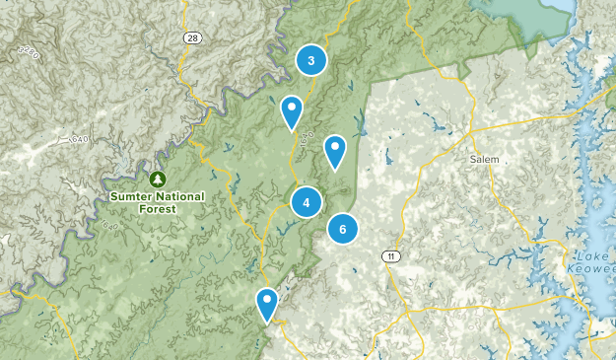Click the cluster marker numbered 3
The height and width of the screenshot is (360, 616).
pos(311,61)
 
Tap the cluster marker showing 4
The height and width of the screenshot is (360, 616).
pos(308,203)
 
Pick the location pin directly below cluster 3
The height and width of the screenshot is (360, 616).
pos(292,112)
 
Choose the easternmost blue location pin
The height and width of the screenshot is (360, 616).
pos(335,152)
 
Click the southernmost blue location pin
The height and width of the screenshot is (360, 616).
pos(267,304)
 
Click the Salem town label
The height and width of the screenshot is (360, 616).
pos(484,159)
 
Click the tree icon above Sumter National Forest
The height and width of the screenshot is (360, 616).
pos(157,180)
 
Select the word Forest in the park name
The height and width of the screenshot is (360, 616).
pos(158,209)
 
